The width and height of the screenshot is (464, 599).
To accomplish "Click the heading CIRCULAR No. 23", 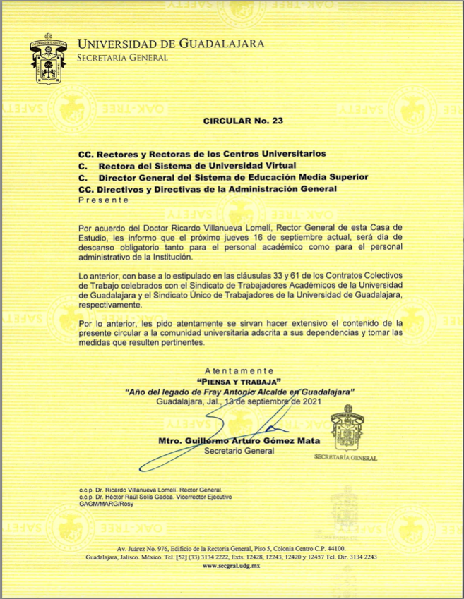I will click(x=242, y=121).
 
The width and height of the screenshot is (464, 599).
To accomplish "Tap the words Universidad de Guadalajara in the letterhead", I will click(x=172, y=44).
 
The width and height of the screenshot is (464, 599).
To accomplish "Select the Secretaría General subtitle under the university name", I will click(x=123, y=58).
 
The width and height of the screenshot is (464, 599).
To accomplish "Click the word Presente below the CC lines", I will click(x=104, y=200).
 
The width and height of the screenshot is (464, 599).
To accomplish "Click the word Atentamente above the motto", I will click(x=238, y=370).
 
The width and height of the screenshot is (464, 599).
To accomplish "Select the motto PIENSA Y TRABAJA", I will click(x=238, y=381).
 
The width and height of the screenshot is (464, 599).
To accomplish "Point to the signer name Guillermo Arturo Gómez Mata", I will click(x=249, y=441).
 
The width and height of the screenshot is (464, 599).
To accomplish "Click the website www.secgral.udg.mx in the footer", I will click(x=232, y=567).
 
